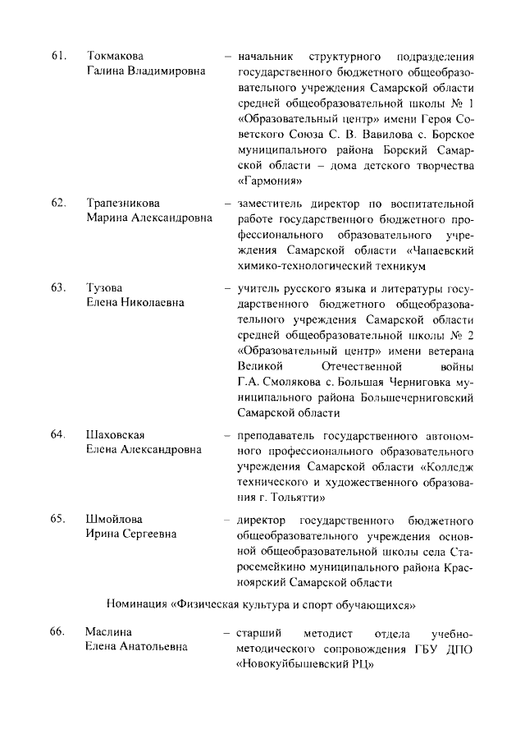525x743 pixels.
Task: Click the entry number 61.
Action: coord(57,56)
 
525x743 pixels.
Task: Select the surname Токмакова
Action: coord(115,56)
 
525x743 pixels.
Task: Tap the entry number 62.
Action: coord(57,203)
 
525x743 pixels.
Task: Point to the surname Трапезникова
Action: coord(123,203)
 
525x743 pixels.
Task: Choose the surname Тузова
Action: coord(104,287)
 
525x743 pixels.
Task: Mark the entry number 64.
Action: coord(57,434)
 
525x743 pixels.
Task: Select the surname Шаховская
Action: coord(116,434)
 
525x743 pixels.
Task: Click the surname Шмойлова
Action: coord(114,520)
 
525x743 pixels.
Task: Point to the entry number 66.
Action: coord(57,632)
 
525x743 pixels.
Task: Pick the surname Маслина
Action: coord(110,632)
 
